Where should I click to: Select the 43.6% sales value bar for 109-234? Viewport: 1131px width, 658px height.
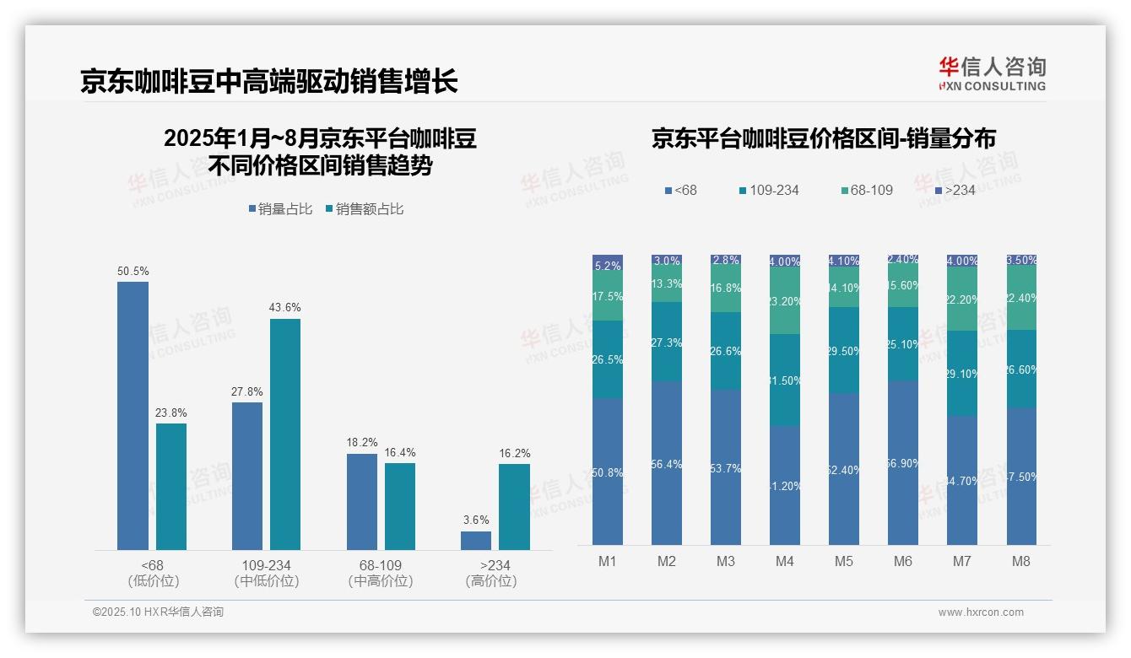[x=285, y=434]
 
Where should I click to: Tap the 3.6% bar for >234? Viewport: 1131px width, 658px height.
[x=476, y=540]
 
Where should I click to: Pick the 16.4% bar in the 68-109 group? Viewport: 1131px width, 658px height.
[x=400, y=506]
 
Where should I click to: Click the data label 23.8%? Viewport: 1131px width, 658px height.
[x=171, y=413]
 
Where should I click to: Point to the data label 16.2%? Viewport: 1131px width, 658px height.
[x=514, y=453]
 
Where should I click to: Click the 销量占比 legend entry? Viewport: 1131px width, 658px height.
[x=284, y=209]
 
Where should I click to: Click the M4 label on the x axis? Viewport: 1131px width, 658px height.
[x=785, y=561]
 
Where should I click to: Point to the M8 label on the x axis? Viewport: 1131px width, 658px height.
[x=1021, y=561]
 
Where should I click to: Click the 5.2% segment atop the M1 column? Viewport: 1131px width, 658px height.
[x=608, y=262]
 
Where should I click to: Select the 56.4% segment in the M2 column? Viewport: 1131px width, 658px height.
[x=667, y=462]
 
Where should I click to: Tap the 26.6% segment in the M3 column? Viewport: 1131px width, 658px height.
[x=726, y=351]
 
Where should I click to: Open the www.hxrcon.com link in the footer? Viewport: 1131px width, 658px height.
[x=981, y=612]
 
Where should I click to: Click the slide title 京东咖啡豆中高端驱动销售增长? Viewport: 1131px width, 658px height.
[x=269, y=81]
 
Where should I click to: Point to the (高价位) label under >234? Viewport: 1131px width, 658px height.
[x=490, y=581]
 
